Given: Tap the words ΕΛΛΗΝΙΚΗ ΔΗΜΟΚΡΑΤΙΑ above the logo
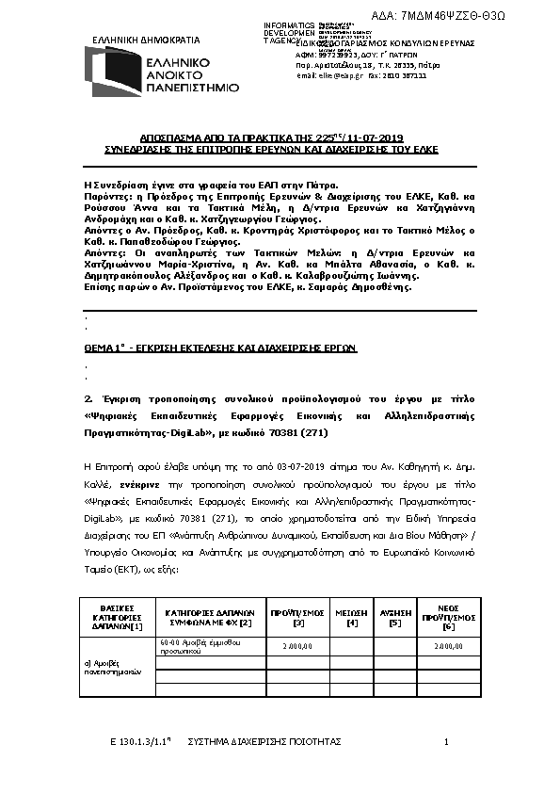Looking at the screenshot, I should click(146, 40).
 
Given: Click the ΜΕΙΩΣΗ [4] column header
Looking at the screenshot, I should click(352, 616).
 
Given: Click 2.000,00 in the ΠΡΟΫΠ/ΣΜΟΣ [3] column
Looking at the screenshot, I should click(296, 646).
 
